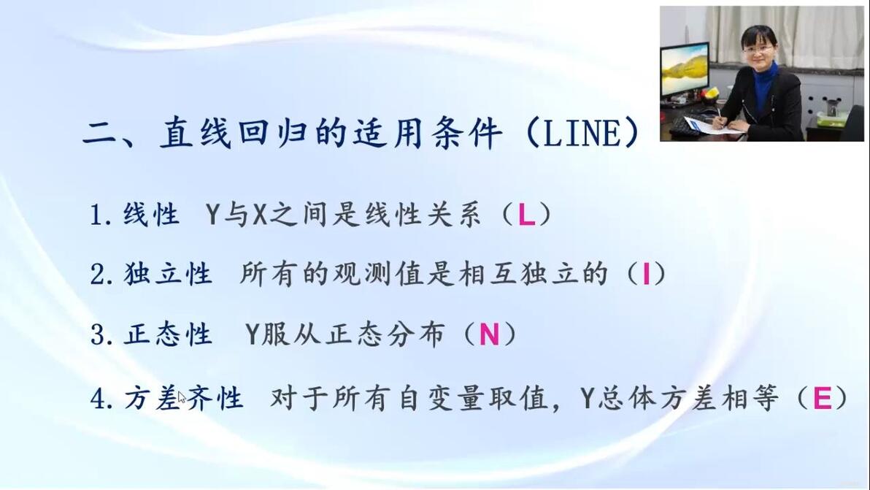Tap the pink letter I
pyautogui.click(x=646, y=274)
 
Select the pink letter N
pyautogui.click(x=489, y=334)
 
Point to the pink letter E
pyautogui.click(x=823, y=398)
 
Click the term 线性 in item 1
pyautogui.click(x=151, y=215)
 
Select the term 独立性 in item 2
pyautogui.click(x=167, y=274)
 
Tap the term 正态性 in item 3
pyautogui.click(x=167, y=334)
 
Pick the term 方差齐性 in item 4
pyautogui.click(x=183, y=398)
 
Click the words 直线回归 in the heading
pyautogui.click(x=233, y=134)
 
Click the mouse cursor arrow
pyautogui.click(x=182, y=397)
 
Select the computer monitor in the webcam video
pyautogui.click(x=685, y=70)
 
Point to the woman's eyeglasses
pyautogui.click(x=757, y=50)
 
